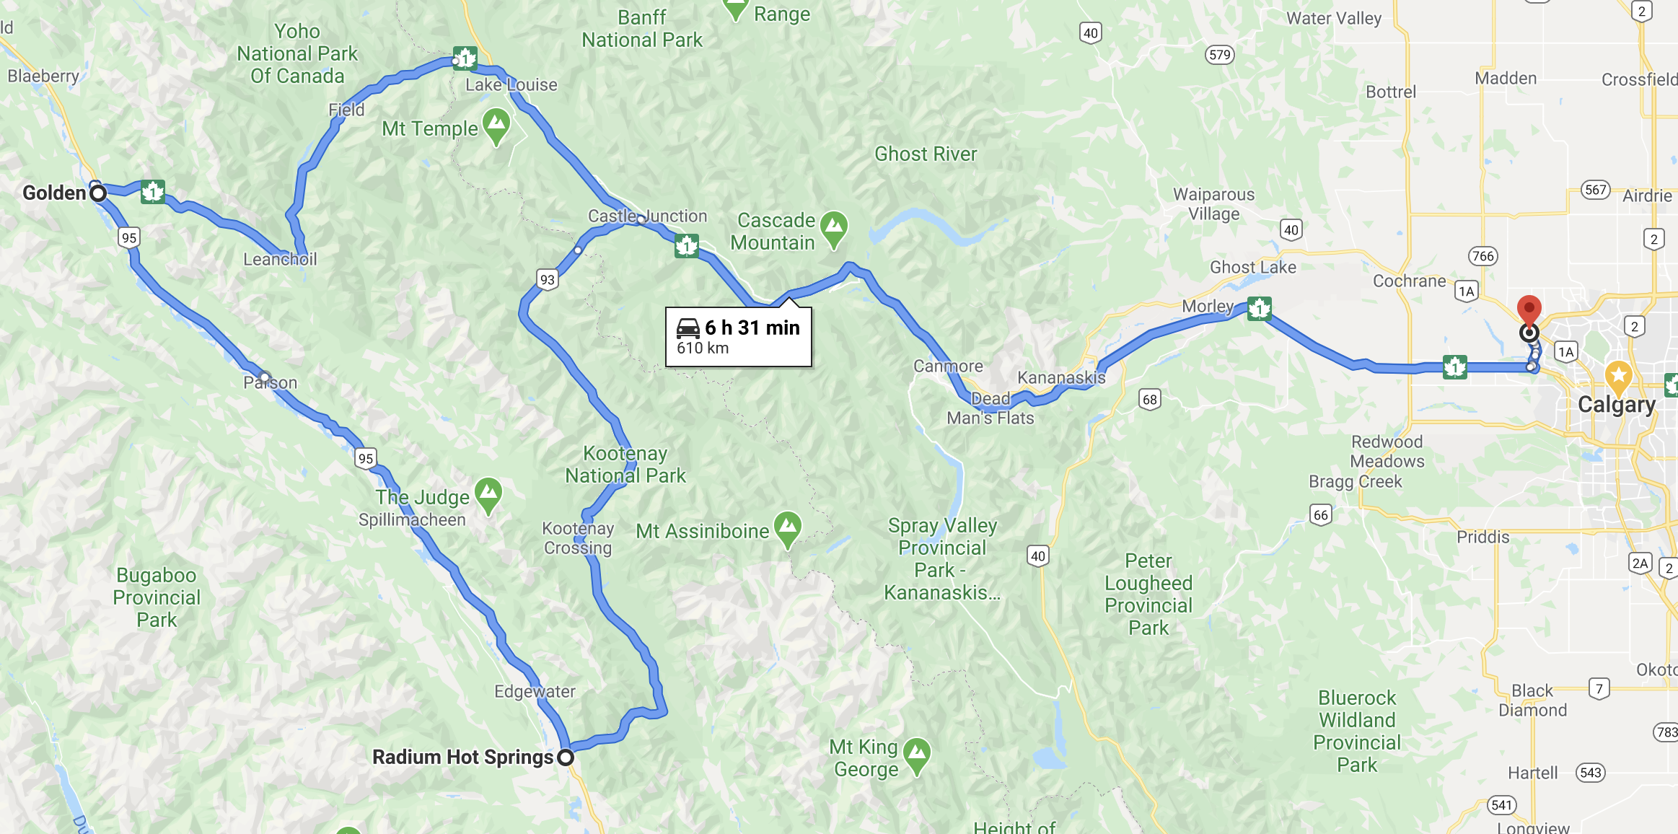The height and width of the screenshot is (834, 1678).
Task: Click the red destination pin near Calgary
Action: pyautogui.click(x=1529, y=309)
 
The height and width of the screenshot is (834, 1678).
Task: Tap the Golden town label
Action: pyautogui.click(x=54, y=193)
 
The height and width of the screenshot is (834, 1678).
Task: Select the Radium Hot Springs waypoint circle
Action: pyautogui.click(x=566, y=758)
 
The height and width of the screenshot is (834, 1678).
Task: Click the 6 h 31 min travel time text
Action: pyautogui.click(x=752, y=328)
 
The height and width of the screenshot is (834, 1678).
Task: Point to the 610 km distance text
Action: pyautogui.click(x=703, y=348)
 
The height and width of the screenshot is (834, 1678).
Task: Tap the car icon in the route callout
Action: pyautogui.click(x=688, y=328)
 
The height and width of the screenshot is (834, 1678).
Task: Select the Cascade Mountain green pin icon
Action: pyautogui.click(x=834, y=228)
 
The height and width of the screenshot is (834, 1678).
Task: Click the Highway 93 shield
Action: pyautogui.click(x=548, y=280)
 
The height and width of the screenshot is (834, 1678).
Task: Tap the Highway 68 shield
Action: pyautogui.click(x=1149, y=399)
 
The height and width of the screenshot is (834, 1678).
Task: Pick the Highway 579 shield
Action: pyautogui.click(x=1219, y=55)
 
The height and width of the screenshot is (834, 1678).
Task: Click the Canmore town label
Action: pyautogui.click(x=948, y=366)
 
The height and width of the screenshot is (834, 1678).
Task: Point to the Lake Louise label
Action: pyautogui.click(x=511, y=85)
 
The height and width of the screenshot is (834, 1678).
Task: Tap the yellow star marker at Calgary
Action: pyautogui.click(x=1618, y=375)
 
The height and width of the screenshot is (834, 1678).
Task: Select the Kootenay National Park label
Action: pyautogui.click(x=625, y=464)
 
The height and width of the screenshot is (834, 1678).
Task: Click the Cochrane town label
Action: pyautogui.click(x=1409, y=281)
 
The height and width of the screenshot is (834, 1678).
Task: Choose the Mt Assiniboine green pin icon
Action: pyautogui.click(x=787, y=527)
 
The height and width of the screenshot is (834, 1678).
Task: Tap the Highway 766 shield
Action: pyautogui.click(x=1482, y=256)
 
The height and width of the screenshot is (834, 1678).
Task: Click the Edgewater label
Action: pyautogui.click(x=535, y=691)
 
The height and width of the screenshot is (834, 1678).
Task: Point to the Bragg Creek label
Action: pyautogui.click(x=1355, y=481)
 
